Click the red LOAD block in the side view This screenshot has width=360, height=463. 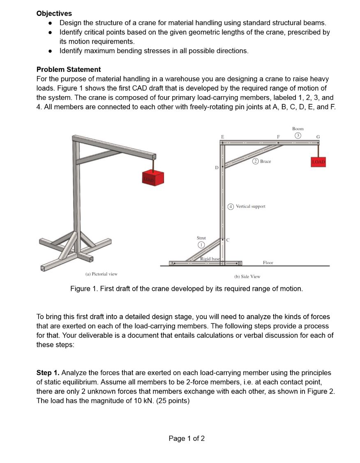[x=318, y=162]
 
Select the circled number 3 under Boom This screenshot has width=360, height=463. [x=298, y=136]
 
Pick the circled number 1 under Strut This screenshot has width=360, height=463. [x=201, y=245]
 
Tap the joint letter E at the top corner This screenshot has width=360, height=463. [x=222, y=136]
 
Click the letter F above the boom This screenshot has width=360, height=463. [x=279, y=136]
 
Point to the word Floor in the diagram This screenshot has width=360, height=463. [x=268, y=263]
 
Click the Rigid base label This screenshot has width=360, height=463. [x=210, y=258]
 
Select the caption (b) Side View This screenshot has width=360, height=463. [x=247, y=276]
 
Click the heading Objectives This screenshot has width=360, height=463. [x=54, y=14]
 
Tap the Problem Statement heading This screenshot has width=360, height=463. [x=69, y=69]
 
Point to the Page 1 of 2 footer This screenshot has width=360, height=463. [x=187, y=438]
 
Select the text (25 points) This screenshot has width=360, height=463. [x=169, y=401]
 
